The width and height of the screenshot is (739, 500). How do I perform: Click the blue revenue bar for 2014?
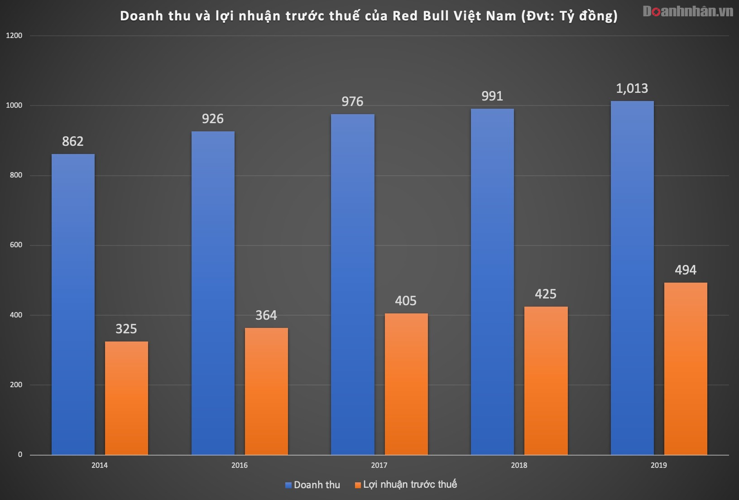tap(73, 304)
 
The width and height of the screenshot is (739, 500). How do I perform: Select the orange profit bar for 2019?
tap(685, 368)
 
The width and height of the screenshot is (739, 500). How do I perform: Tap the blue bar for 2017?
tap(352, 284)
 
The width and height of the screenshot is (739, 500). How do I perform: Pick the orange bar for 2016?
tap(266, 391)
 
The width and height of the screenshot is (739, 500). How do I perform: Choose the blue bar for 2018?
tap(492, 281)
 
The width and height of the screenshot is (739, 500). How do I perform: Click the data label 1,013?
tap(632, 88)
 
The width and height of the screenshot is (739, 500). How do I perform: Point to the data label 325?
tap(126, 329)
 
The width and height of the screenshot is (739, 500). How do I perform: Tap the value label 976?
tap(352, 101)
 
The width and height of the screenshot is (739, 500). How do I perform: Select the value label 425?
tap(545, 294)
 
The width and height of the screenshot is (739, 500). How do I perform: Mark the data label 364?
tap(266, 315)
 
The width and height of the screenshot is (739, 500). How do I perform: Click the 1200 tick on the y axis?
tap(14, 36)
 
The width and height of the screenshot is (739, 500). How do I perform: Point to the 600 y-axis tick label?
tap(16, 245)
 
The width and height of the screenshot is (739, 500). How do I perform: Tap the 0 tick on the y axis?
tap(20, 455)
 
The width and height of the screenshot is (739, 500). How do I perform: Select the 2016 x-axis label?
tap(240, 465)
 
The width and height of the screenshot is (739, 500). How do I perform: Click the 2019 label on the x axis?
tap(658, 465)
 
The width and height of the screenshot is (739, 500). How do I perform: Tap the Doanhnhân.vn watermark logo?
tap(687, 11)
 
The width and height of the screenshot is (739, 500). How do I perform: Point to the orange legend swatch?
tap(358, 485)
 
